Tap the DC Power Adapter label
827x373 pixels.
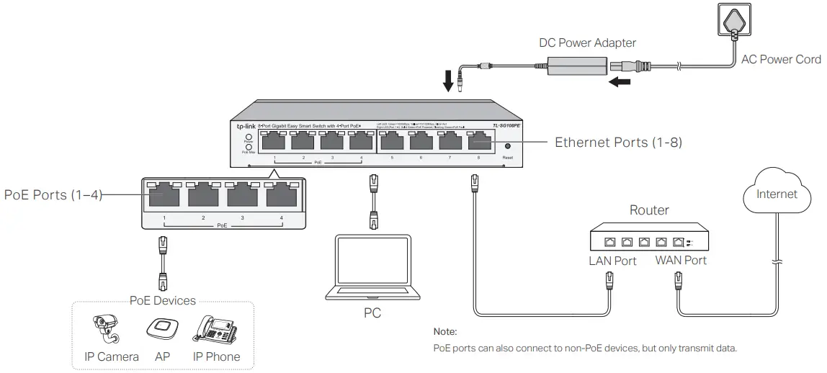click(x=588, y=43)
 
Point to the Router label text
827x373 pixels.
click(x=649, y=211)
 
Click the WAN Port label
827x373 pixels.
click(x=681, y=261)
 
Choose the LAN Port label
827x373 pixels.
click(x=612, y=261)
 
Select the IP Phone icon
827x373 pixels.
click(x=216, y=329)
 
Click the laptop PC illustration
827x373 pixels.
click(x=372, y=267)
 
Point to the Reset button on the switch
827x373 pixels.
click(x=507, y=146)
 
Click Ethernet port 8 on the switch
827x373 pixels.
click(x=478, y=142)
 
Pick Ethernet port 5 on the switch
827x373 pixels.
click(x=392, y=142)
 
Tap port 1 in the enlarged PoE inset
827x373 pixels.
click(x=164, y=196)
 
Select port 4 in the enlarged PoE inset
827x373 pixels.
click(x=282, y=196)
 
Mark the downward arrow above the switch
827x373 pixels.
click(x=449, y=80)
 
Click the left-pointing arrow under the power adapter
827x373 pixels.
click(x=620, y=82)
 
